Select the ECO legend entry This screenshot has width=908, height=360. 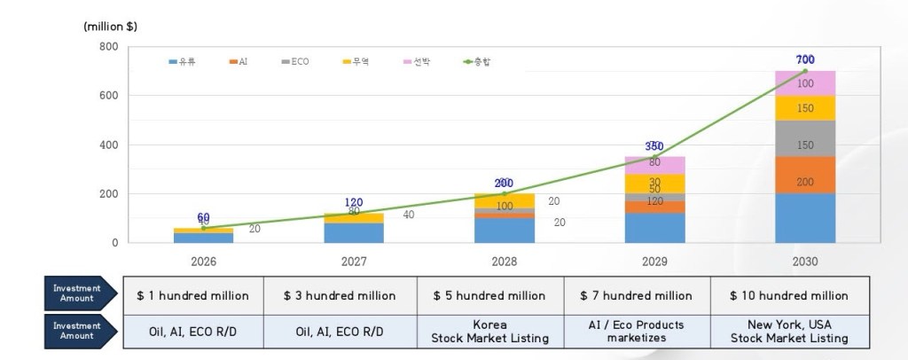coord(295,61)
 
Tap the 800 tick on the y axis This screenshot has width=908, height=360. coord(108,46)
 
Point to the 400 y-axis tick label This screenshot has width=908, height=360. coord(108,145)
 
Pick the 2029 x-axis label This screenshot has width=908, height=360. coord(654,262)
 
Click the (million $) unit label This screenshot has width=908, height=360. coord(111,27)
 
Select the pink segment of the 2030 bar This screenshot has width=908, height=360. coord(805,82)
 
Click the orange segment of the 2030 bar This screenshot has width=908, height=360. coord(805,181)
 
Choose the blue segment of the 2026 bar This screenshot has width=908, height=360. coord(203,238)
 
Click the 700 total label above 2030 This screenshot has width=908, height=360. coord(805,59)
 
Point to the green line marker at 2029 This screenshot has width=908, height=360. coord(654,157)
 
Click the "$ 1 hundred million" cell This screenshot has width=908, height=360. coord(192,295)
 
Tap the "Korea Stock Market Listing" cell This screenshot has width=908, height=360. coord(490,331)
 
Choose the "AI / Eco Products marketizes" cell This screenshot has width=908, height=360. coord(636,331)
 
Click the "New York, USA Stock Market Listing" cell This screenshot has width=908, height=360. coord(789,331)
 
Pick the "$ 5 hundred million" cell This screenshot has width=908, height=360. coord(490,295)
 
